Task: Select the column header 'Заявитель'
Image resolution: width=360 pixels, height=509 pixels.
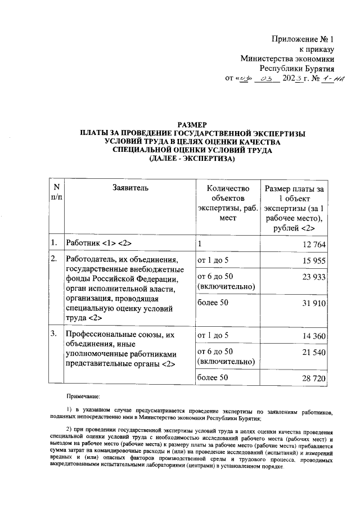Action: pos(130,188)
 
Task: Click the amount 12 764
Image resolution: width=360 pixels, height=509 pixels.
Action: pos(313,244)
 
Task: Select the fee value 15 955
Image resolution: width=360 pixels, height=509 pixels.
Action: pos(313,260)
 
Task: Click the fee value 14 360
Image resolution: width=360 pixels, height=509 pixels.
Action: pos(313,336)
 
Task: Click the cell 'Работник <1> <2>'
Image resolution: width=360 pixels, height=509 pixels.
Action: pos(99,243)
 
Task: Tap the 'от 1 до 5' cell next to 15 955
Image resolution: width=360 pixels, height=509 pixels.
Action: pos(213,260)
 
